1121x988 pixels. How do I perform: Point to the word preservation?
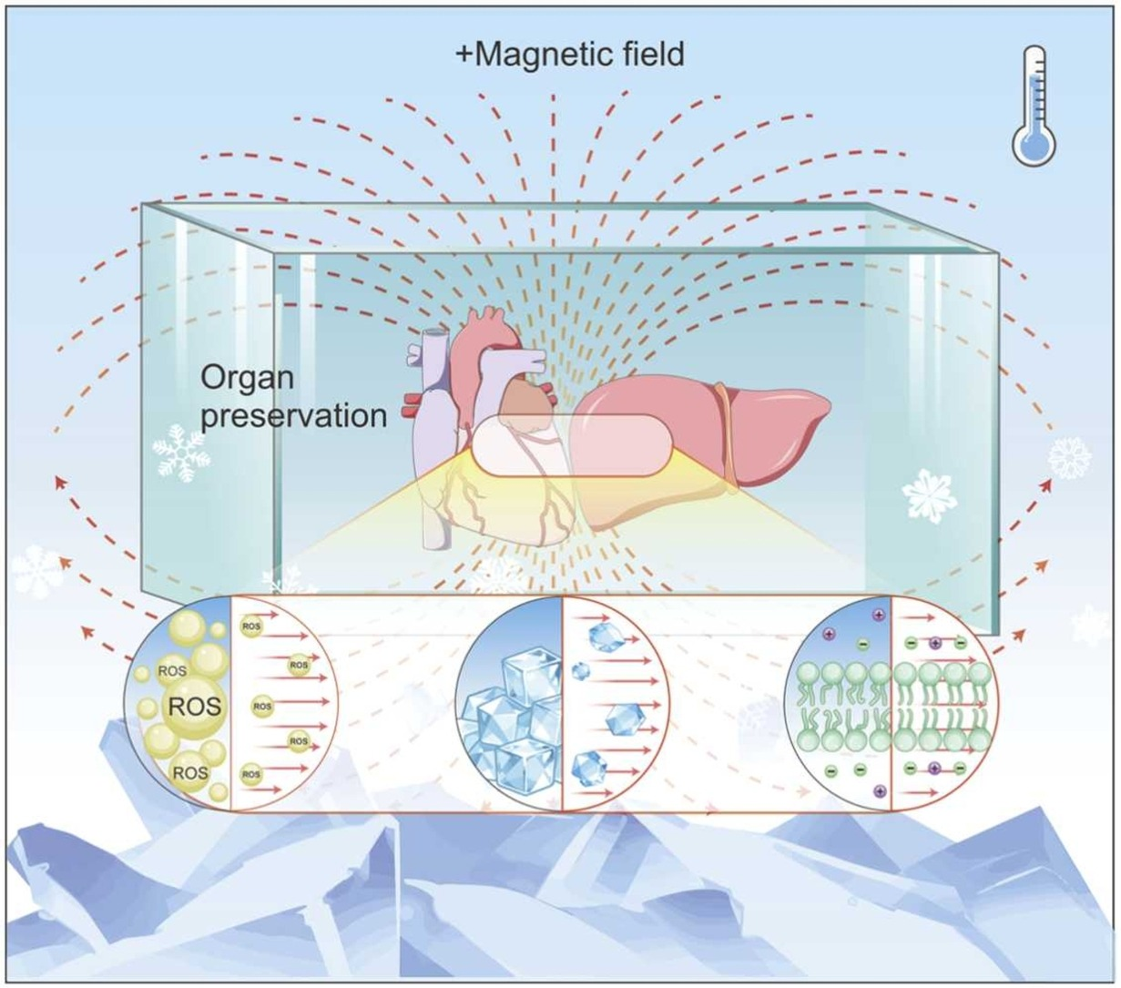tap(293, 415)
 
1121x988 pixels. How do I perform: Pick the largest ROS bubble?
tap(195, 707)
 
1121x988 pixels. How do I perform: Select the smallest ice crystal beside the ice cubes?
tap(580, 672)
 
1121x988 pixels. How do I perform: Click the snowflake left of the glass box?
tap(180, 453)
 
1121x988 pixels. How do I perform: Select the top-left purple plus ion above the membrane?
tap(830, 632)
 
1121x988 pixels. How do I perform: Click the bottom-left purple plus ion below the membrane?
tap(879, 790)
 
